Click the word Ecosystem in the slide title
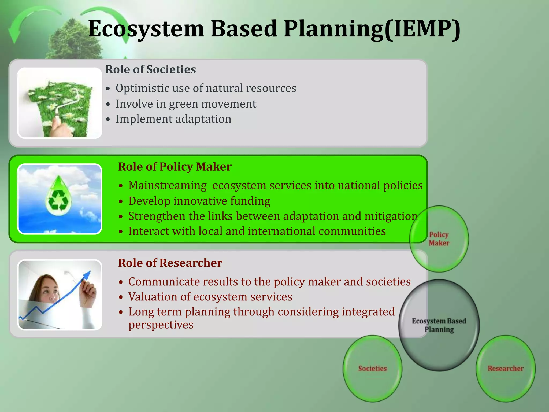tap(146, 29)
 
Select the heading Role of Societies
tap(150, 69)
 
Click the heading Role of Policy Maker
tap(175, 167)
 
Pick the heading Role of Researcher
tap(170, 263)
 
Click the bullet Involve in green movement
tap(186, 104)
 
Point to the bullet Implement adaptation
tap(173, 119)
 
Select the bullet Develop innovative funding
tap(199, 201)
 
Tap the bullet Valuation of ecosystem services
tap(210, 297)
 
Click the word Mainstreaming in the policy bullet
tap(168, 185)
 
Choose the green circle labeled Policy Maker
tap(439, 239)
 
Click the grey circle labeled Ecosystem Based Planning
tap(439, 325)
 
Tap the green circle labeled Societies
tap(372, 369)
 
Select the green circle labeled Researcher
tap(506, 369)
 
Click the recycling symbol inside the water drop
tap(58, 200)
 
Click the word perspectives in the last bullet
tap(161, 325)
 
